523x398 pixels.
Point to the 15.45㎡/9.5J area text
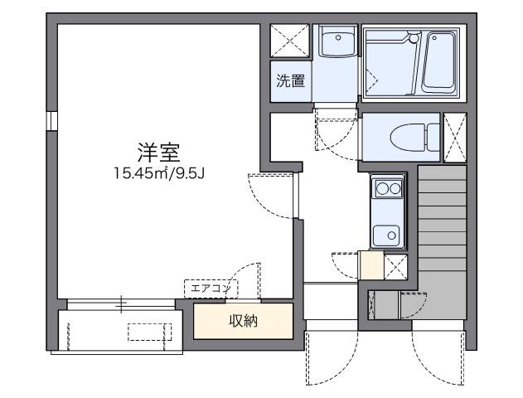click(x=159, y=173)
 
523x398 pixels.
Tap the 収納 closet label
click(x=243, y=321)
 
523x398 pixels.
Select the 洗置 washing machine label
click(x=290, y=81)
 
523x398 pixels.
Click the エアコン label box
click(x=211, y=288)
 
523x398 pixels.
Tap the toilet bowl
click(x=409, y=138)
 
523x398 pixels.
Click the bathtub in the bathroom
click(x=440, y=62)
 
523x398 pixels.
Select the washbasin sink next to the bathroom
click(x=337, y=41)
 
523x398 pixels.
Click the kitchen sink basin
click(x=385, y=234)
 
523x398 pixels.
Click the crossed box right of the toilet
click(x=456, y=138)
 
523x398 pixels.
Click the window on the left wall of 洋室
click(x=51, y=121)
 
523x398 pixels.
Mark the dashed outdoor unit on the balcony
click(x=150, y=332)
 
